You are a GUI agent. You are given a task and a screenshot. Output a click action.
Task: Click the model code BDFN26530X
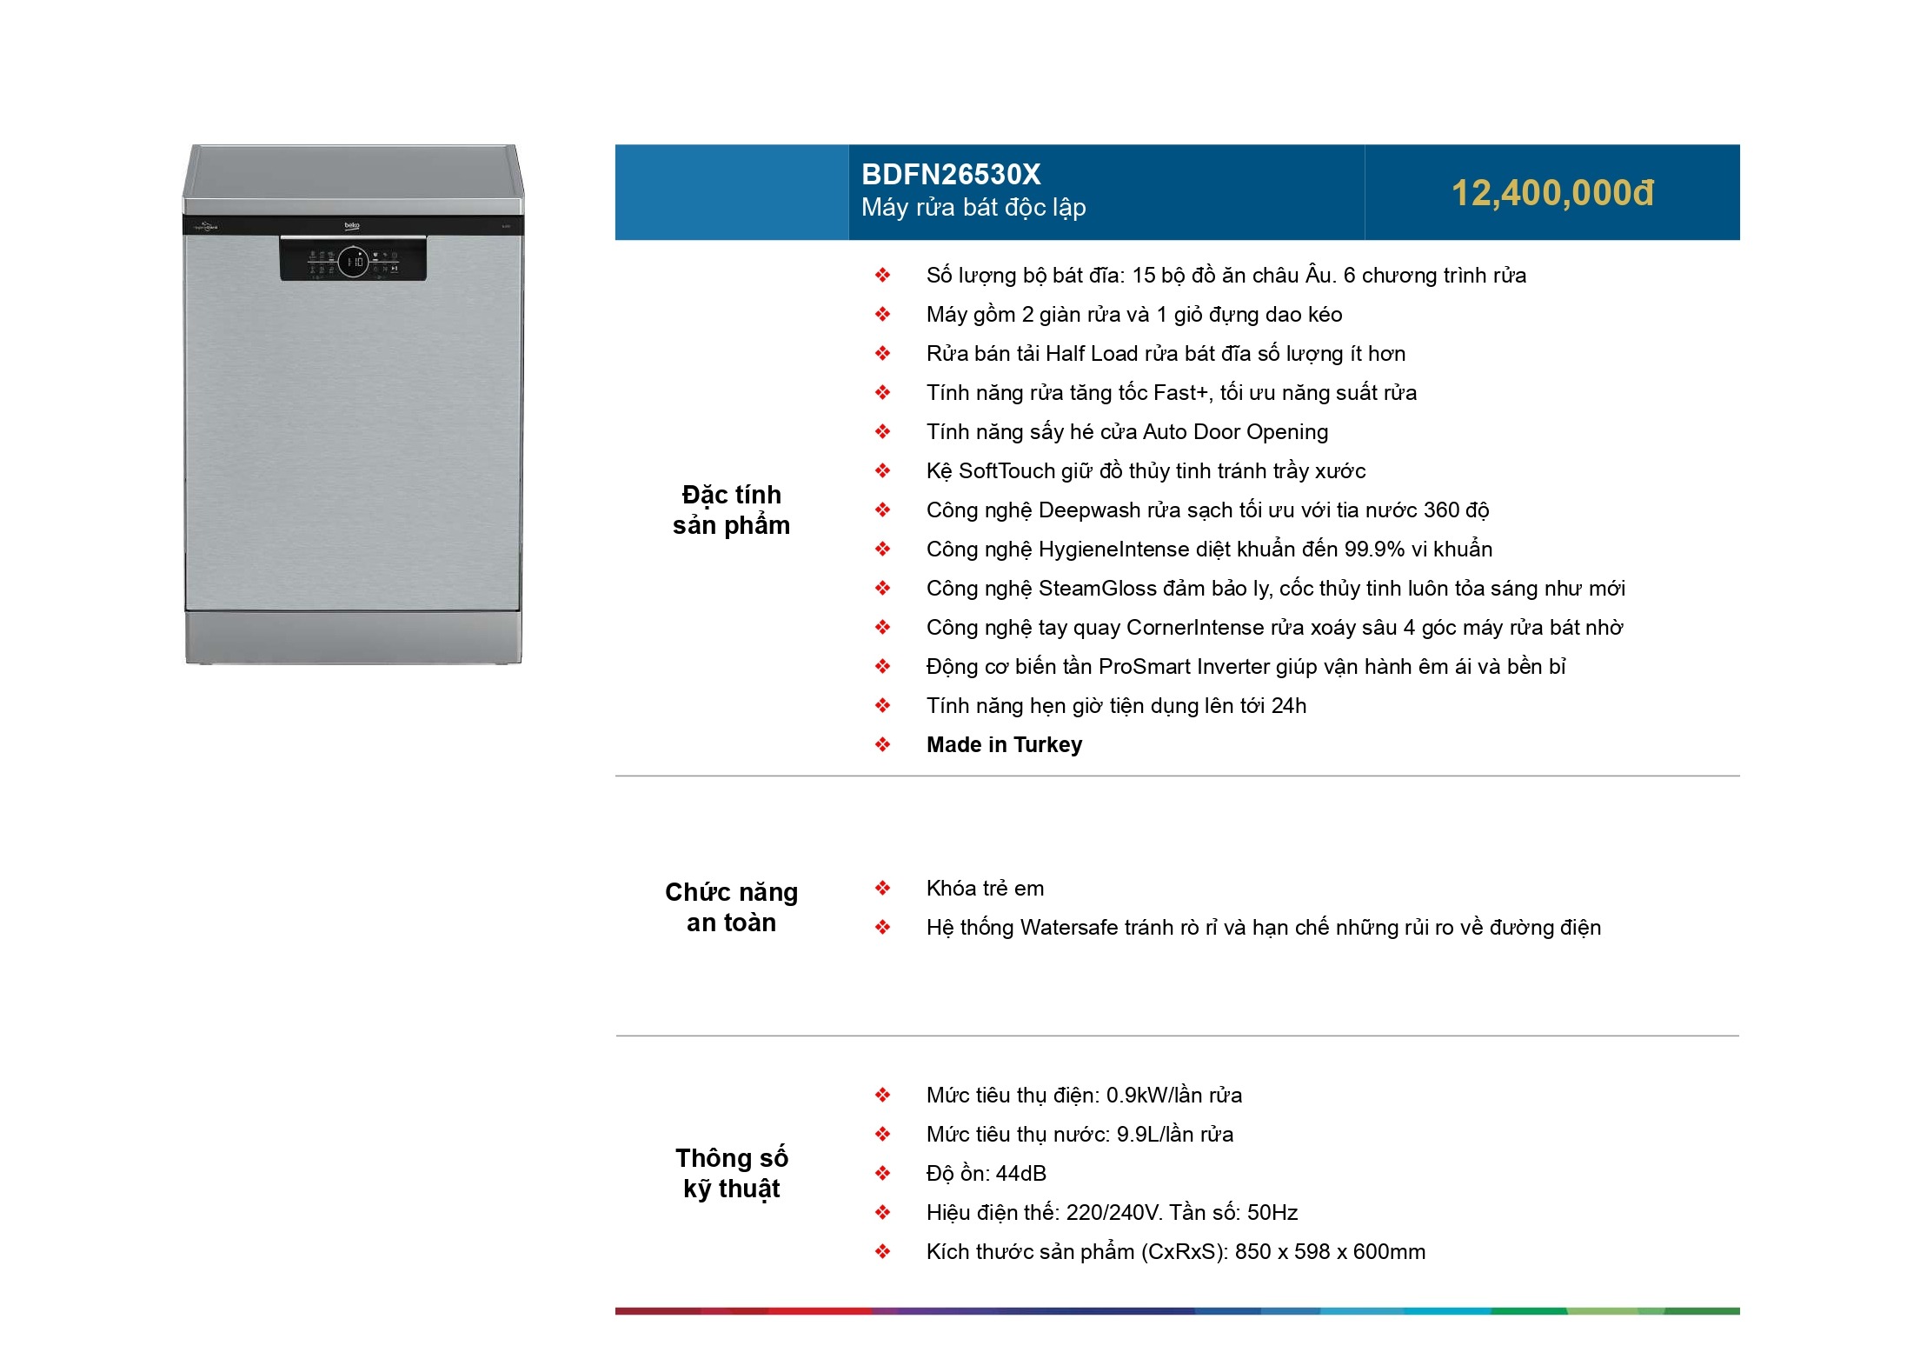(x=951, y=175)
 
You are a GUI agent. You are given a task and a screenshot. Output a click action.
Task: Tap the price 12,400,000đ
(x=1552, y=193)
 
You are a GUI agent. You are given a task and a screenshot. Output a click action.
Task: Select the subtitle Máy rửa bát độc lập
(x=973, y=208)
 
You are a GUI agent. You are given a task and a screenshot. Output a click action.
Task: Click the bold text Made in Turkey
(x=1004, y=745)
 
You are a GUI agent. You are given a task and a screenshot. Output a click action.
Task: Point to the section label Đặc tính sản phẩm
(x=731, y=510)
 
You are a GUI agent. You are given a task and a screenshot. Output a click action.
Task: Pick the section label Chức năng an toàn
(x=731, y=907)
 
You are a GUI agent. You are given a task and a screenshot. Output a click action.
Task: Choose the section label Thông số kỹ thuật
(x=731, y=1173)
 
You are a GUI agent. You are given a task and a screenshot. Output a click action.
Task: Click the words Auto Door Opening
(x=1235, y=432)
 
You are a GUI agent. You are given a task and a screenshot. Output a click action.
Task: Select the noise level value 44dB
(x=1009, y=1174)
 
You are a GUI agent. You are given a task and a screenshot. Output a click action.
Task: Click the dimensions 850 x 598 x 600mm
(x=1330, y=1252)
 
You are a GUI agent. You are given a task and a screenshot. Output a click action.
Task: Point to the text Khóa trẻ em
(x=985, y=889)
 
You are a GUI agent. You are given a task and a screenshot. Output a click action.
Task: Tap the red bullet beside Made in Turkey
(x=882, y=745)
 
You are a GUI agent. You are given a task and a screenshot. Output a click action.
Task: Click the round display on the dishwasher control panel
(x=354, y=261)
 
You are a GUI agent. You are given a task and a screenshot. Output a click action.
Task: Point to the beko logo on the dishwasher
(x=352, y=225)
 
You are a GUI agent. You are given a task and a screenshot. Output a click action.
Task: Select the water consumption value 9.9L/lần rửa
(x=1174, y=1135)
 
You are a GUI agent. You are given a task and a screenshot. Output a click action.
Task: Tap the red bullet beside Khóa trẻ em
(x=882, y=889)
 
